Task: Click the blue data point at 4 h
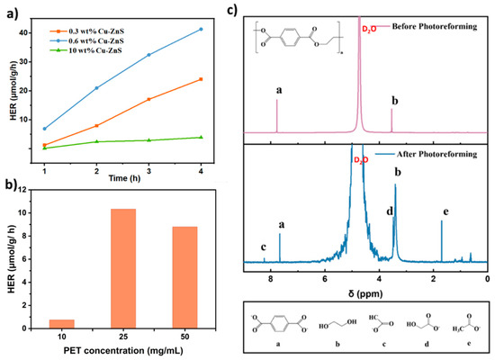(x=201, y=29)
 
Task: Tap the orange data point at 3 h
(x=148, y=99)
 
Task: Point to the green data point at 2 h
(x=96, y=141)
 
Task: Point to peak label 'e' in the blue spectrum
(x=445, y=212)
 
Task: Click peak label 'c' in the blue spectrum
(x=263, y=247)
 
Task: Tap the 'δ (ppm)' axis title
(x=364, y=291)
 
